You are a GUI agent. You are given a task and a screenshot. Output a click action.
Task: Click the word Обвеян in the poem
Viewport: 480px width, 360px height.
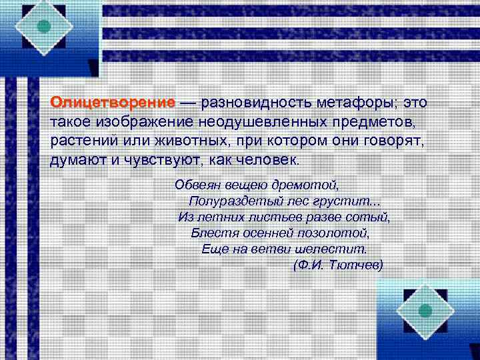click(x=195, y=184)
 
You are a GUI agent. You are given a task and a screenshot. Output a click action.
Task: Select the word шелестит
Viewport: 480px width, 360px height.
click(x=336, y=249)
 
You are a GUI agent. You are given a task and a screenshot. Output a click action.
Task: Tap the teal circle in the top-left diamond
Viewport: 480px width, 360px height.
click(x=44, y=27)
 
